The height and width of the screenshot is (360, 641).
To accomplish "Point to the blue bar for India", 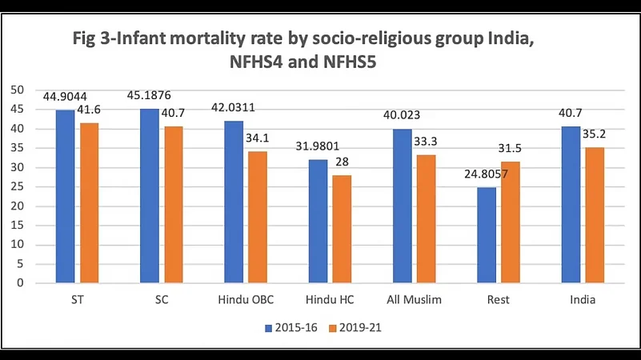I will point(571,204).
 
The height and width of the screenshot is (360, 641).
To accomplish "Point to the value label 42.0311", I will point(234,108).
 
